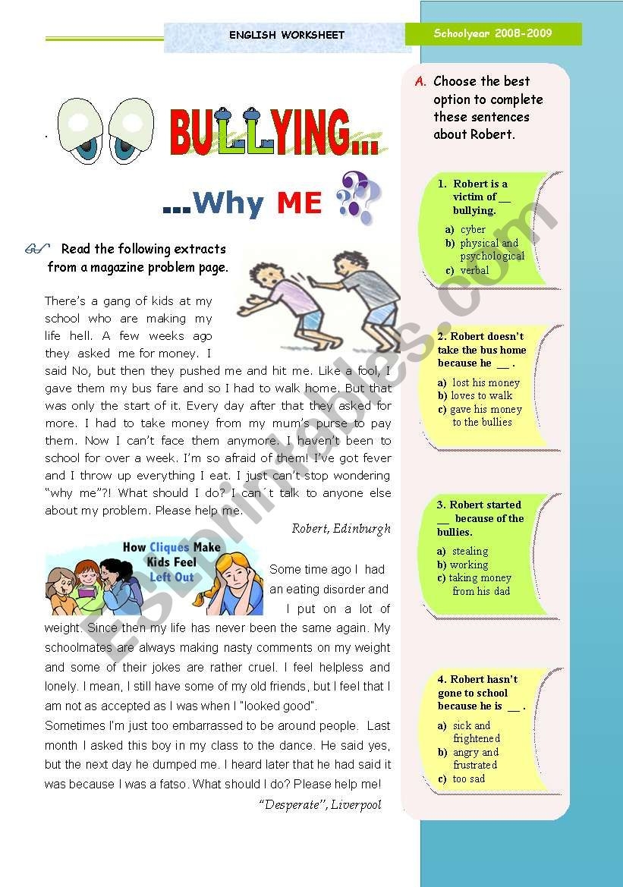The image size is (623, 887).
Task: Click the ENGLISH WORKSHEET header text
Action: click(287, 35)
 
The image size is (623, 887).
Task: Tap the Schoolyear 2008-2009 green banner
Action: click(493, 34)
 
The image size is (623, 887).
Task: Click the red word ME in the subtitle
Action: click(299, 203)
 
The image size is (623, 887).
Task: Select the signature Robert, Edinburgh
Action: click(341, 529)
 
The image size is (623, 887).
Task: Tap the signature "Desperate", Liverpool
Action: click(319, 805)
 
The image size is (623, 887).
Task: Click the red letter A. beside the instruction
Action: click(420, 82)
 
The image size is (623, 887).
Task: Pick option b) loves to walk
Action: click(481, 395)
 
